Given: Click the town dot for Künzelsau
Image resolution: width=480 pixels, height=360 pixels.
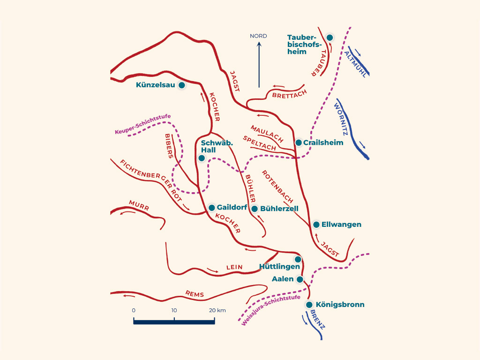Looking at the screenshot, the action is pyautogui.click(x=182, y=85).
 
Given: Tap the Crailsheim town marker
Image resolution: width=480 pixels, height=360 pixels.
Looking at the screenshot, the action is pyautogui.click(x=299, y=142).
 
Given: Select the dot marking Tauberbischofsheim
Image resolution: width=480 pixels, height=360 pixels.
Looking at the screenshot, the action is pyautogui.click(x=330, y=37).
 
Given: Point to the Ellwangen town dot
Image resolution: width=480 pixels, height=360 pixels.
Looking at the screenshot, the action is pyautogui.click(x=316, y=225).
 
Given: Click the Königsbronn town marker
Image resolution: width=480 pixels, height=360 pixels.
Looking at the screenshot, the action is pyautogui.click(x=309, y=305).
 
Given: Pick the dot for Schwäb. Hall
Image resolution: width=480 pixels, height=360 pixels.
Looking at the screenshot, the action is pyautogui.click(x=202, y=158).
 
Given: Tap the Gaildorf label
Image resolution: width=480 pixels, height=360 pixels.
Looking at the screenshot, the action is pyautogui.click(x=232, y=207).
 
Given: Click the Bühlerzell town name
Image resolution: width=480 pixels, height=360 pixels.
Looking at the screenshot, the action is pyautogui.click(x=279, y=209).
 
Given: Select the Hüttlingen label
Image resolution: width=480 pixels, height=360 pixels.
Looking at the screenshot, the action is pyautogui.click(x=279, y=267).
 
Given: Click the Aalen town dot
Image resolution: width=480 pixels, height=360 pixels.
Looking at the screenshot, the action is pyautogui.click(x=300, y=279).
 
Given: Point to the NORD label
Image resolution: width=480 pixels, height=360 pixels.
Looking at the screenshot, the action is pyautogui.click(x=258, y=36).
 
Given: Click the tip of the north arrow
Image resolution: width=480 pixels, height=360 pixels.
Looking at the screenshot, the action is pyautogui.click(x=259, y=42).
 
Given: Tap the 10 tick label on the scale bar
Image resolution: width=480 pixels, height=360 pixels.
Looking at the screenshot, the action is pyautogui.click(x=174, y=310).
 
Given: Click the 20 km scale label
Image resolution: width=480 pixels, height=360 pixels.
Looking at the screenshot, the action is pyautogui.click(x=217, y=310).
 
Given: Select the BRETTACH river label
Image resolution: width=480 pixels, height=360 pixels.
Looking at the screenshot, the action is pyautogui.click(x=290, y=94).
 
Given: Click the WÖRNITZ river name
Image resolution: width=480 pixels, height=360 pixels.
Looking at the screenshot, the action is pyautogui.click(x=341, y=120).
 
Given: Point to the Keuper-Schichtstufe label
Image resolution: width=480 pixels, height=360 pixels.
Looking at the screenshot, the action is pyautogui.click(x=142, y=124).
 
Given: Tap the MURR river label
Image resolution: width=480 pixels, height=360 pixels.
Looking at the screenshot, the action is pyautogui.click(x=139, y=205).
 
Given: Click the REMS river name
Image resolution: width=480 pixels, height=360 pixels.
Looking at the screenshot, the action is pyautogui.click(x=195, y=294).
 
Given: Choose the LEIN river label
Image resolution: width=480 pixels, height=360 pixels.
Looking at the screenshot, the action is pyautogui.click(x=234, y=267).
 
